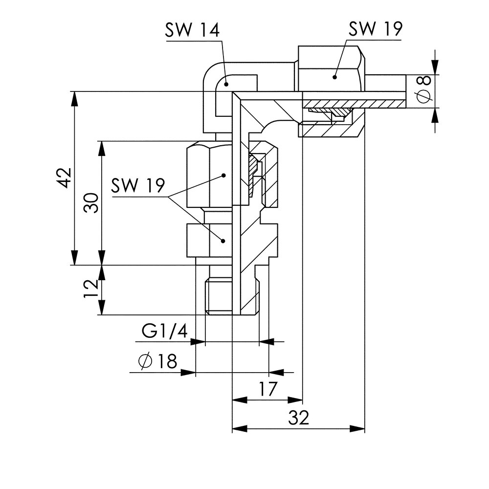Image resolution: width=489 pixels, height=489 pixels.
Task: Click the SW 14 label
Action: pos(192,30)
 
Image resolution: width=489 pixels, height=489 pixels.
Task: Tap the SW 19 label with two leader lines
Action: pos(138,186)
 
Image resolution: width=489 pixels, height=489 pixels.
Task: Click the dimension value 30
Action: pos(91,203)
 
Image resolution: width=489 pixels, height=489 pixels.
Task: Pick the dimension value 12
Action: pos(91,290)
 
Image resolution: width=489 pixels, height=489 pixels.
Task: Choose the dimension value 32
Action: pos(298,418)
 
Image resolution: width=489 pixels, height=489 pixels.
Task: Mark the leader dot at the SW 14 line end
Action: pos(227,85)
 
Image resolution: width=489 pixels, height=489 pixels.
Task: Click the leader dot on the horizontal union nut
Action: pos(335,76)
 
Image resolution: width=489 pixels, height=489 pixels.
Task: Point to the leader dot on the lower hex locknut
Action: pos(222,241)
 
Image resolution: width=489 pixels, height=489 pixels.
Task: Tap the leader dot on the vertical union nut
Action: pos(223,175)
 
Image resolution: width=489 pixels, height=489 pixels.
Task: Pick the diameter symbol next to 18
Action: pos(145,362)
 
